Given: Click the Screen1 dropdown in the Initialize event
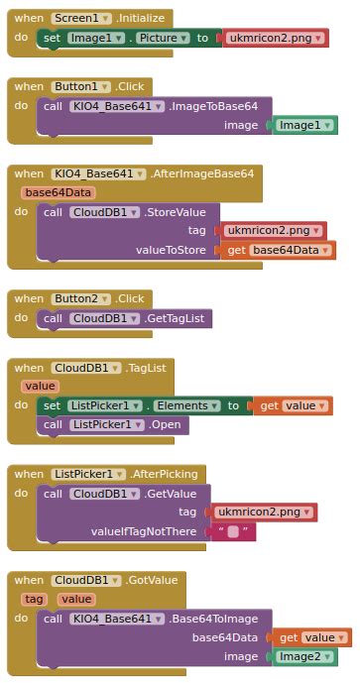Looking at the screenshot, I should (x=80, y=19).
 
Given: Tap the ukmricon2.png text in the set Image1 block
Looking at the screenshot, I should (x=262, y=38).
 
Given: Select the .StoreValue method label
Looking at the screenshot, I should (x=178, y=212).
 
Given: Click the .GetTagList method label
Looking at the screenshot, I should (x=178, y=318).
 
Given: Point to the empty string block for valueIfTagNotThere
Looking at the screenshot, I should (x=233, y=531).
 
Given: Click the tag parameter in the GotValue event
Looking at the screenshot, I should (x=35, y=599).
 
